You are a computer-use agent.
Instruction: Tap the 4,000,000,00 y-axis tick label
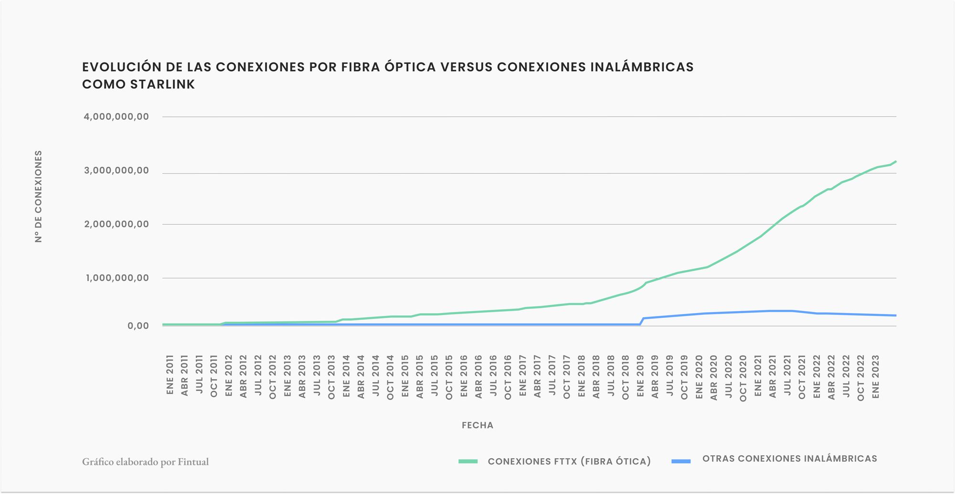pyautogui.click(x=117, y=117)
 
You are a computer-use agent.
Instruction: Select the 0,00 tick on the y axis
pyautogui.click(x=138, y=326)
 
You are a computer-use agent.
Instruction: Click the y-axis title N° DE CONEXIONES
pyautogui.click(x=39, y=196)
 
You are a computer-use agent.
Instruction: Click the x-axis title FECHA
pyautogui.click(x=477, y=425)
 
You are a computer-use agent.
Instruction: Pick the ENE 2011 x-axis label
pyautogui.click(x=170, y=375)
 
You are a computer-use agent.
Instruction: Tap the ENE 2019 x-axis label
pyautogui.click(x=640, y=375)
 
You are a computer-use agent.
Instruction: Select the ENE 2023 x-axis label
pyautogui.click(x=875, y=375)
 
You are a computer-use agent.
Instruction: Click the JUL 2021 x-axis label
pyautogui.click(x=787, y=375)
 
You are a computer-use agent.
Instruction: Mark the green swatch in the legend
pyautogui.click(x=468, y=462)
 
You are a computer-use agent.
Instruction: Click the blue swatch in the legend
pyautogui.click(x=681, y=462)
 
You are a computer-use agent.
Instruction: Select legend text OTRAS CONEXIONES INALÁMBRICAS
pyautogui.click(x=790, y=459)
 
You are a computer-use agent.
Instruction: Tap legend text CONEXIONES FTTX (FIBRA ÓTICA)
pyautogui.click(x=569, y=462)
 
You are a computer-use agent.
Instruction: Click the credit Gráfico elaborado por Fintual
pyautogui.click(x=145, y=462)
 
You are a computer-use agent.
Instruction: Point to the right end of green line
pyautogui.click(x=896, y=161)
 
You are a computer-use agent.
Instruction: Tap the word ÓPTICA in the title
pyautogui.click(x=409, y=67)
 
